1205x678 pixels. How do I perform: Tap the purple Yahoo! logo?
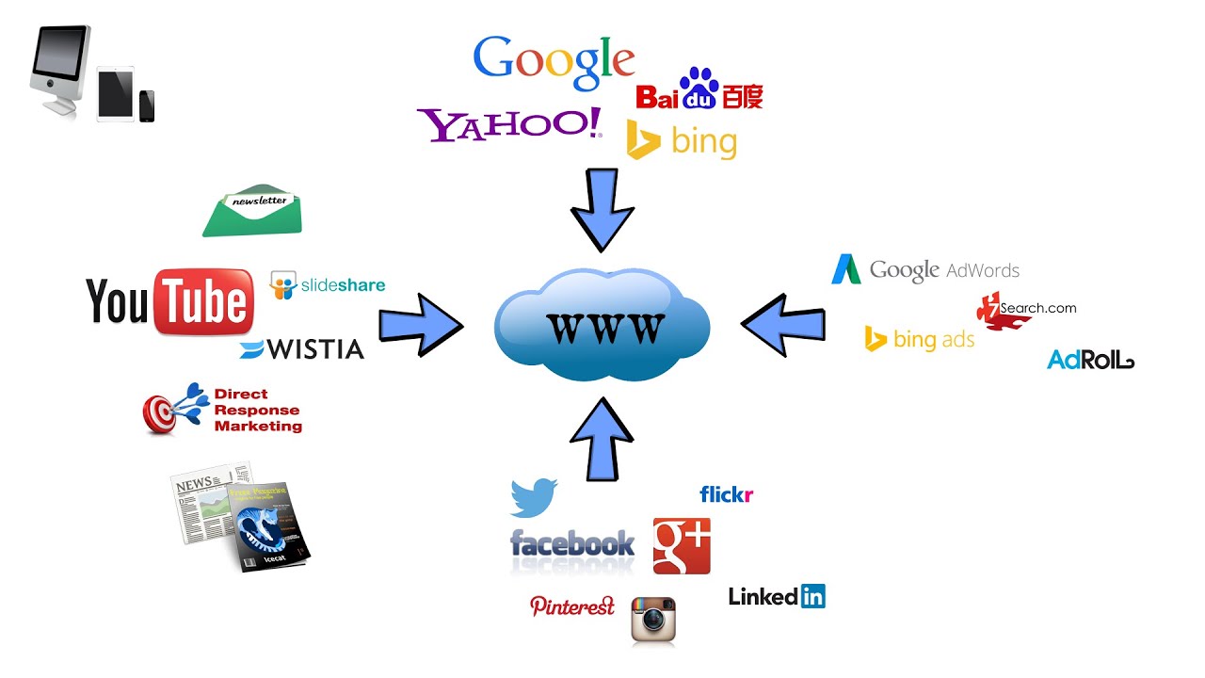pyautogui.click(x=509, y=125)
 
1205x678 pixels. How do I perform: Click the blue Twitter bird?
pyautogui.click(x=534, y=497)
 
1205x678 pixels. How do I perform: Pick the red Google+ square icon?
pyautogui.click(x=682, y=545)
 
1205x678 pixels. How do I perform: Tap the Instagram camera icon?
pyautogui.click(x=654, y=620)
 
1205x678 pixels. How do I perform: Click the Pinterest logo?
pyautogui.click(x=572, y=606)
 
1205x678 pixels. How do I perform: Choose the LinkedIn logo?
pyautogui.click(x=777, y=596)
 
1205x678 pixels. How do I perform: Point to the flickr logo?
pyautogui.click(x=726, y=494)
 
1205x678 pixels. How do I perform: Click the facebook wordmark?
pyautogui.click(x=572, y=544)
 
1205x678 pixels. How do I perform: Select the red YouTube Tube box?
pyautogui.click(x=203, y=302)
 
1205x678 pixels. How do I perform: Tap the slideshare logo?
pyautogui.click(x=328, y=284)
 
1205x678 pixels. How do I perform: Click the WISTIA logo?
pyautogui.click(x=301, y=349)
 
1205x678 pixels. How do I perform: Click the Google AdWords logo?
pyautogui.click(x=924, y=270)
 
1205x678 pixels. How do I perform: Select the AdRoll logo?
pyautogui.click(x=1090, y=360)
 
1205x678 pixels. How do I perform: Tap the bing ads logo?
pyautogui.click(x=920, y=339)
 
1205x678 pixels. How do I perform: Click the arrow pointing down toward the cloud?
pyautogui.click(x=602, y=209)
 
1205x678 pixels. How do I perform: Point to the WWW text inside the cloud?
pyautogui.click(x=602, y=328)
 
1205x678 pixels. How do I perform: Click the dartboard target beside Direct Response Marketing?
pyautogui.click(x=161, y=413)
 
